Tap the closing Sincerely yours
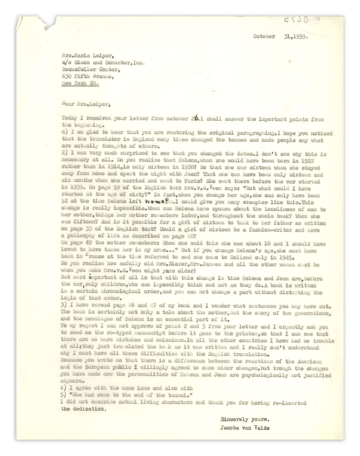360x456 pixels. click(245, 419)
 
